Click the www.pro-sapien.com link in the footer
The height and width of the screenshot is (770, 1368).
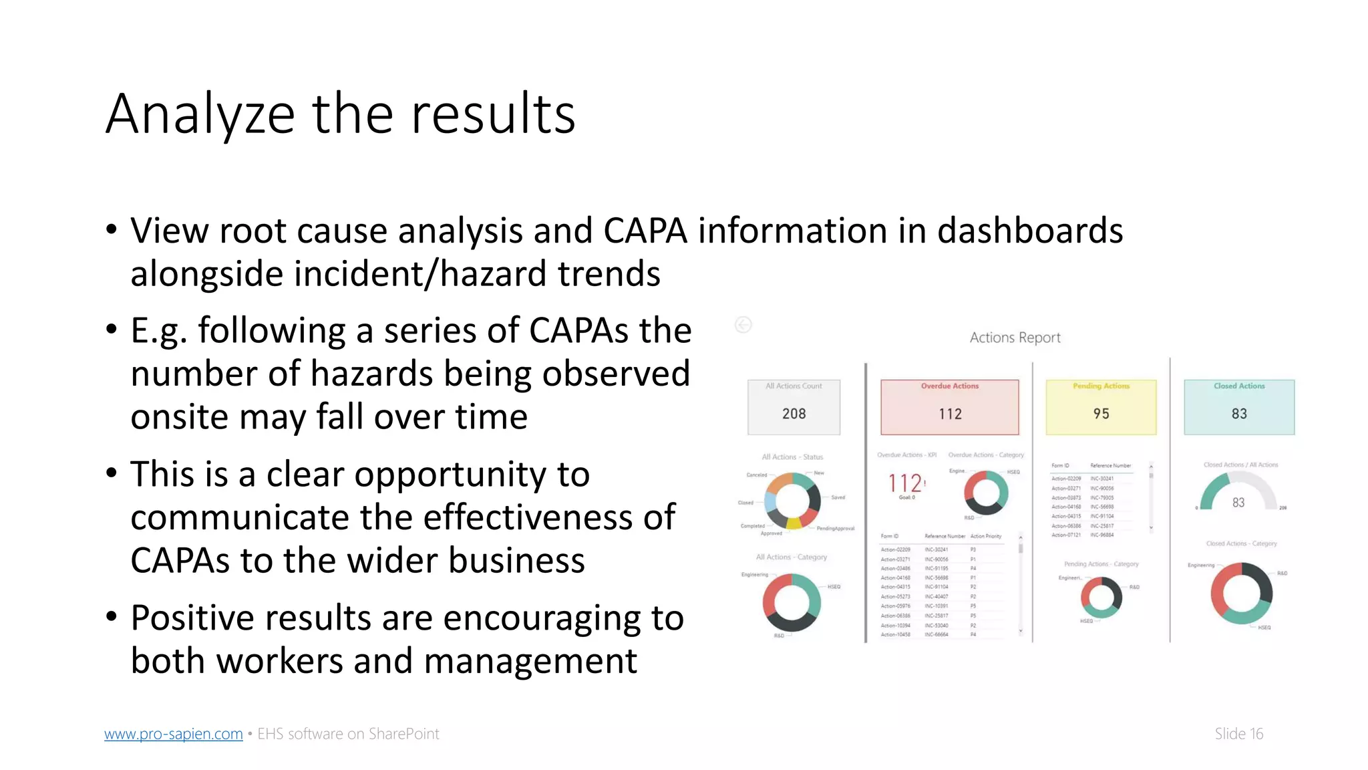[x=173, y=734]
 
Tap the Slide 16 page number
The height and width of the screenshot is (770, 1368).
[x=1238, y=734]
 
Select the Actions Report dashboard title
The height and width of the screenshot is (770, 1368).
[x=1015, y=338]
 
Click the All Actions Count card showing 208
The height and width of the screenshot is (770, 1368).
[x=794, y=407]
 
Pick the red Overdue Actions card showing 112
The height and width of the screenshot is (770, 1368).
[x=950, y=407]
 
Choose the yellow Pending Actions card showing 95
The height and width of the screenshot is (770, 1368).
[x=1101, y=407]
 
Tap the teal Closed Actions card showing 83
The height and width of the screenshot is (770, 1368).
[x=1239, y=407]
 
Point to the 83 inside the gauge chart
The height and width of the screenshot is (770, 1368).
[x=1238, y=503]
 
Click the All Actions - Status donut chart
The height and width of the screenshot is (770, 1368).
[x=793, y=501]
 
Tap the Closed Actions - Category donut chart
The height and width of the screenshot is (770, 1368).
[x=1241, y=593]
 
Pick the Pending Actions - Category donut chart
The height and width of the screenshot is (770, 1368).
[x=1101, y=596]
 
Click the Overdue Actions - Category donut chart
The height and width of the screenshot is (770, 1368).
[x=986, y=493]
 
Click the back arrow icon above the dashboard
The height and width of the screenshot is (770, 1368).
[x=743, y=325]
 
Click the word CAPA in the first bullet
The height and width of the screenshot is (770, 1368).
[x=645, y=231]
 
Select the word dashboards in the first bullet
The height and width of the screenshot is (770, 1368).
[x=1030, y=231]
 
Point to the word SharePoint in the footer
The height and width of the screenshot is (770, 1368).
[x=403, y=734]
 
